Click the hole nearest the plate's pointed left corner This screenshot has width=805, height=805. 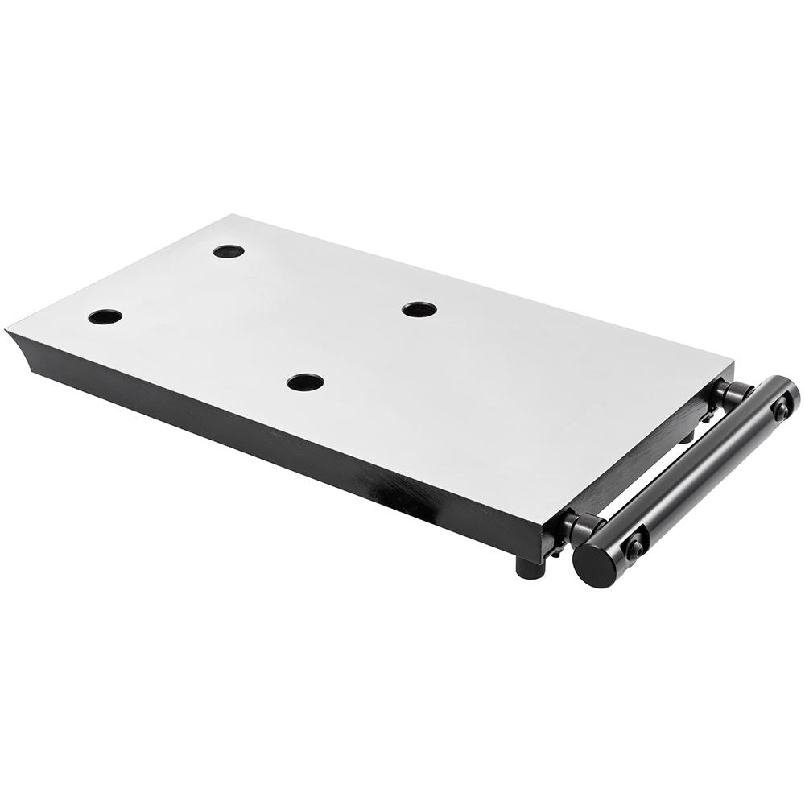(105, 316)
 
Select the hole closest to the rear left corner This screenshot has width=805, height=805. (229, 251)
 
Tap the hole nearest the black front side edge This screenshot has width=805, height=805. (305, 382)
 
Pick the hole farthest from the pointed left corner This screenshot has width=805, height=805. (419, 309)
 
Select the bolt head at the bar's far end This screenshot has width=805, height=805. (781, 410)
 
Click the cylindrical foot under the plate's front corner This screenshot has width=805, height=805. (530, 567)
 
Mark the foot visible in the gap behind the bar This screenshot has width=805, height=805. (686, 437)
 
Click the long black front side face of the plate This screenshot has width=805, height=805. (282, 451)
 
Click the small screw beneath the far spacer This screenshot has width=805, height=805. (707, 417)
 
